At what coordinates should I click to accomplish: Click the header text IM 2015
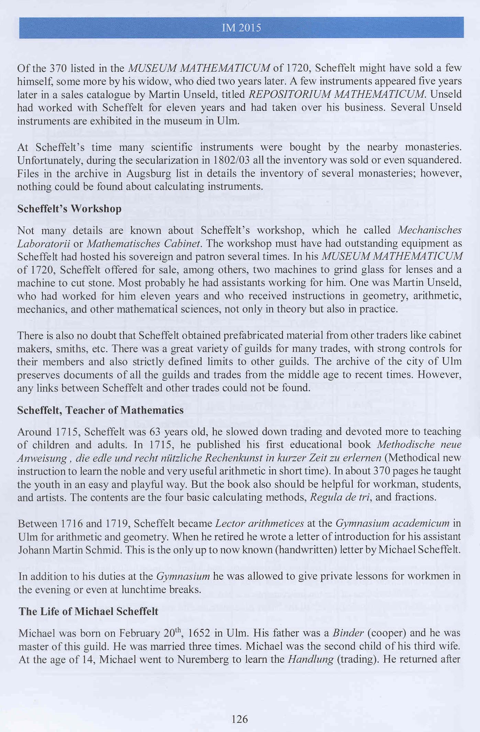tap(241, 28)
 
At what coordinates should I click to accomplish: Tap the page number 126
tap(239, 719)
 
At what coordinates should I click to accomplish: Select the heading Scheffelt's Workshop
tap(69, 209)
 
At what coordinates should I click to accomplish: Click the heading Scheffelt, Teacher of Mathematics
tap(100, 410)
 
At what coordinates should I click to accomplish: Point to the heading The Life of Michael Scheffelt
tap(88, 611)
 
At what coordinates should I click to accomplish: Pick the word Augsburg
tap(148, 174)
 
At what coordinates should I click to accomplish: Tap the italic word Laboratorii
tap(44, 244)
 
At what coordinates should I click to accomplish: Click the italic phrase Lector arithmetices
tap(259, 523)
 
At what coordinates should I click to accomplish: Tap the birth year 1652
tap(199, 633)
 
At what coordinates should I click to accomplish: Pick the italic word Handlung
tap(311, 659)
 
